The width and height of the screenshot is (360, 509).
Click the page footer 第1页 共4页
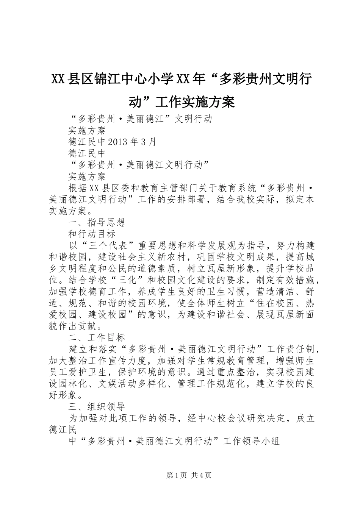click(189, 475)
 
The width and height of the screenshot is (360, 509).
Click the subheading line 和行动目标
click(92, 234)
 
